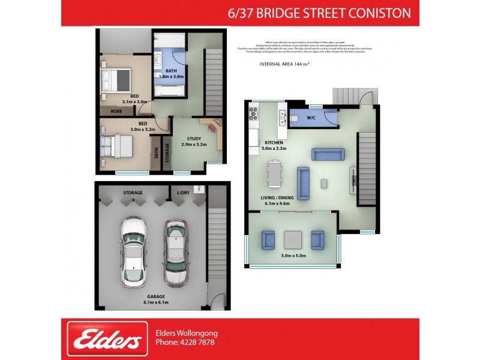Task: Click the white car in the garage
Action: (x=134, y=251)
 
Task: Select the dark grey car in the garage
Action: (x=175, y=253)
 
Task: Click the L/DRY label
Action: (x=182, y=193)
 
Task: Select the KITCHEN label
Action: (x=274, y=142)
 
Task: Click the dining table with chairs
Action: (x=274, y=175)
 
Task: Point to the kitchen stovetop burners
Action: (x=253, y=112)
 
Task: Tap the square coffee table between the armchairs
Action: (x=292, y=240)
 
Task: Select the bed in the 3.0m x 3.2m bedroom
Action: (x=118, y=145)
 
